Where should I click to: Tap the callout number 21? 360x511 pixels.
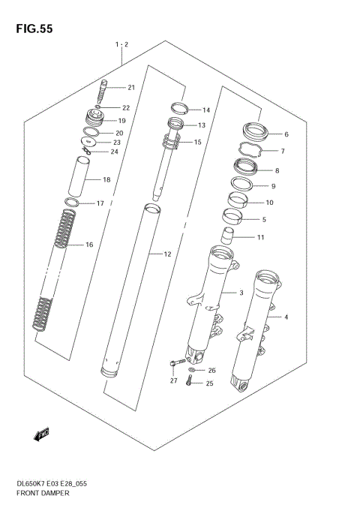coord(130,88)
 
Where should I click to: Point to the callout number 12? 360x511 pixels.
coord(168,254)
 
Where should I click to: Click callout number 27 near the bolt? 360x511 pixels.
coord(173,381)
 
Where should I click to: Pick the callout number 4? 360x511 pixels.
coord(286,317)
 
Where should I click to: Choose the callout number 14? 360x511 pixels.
coord(205,110)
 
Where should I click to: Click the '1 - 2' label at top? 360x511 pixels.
coord(121,46)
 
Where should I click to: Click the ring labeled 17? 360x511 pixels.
coord(72,203)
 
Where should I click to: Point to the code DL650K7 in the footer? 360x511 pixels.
coord(25,485)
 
